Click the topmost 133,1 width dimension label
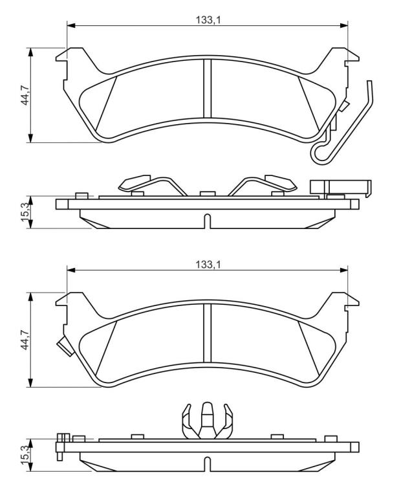coord(208,20)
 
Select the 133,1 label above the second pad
coord(208,264)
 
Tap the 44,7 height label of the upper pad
coord(25,94)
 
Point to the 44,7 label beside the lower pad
coord(25,340)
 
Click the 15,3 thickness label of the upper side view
coord(25,212)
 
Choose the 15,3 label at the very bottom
coord(25,455)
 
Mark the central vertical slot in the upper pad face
coord(207,89)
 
